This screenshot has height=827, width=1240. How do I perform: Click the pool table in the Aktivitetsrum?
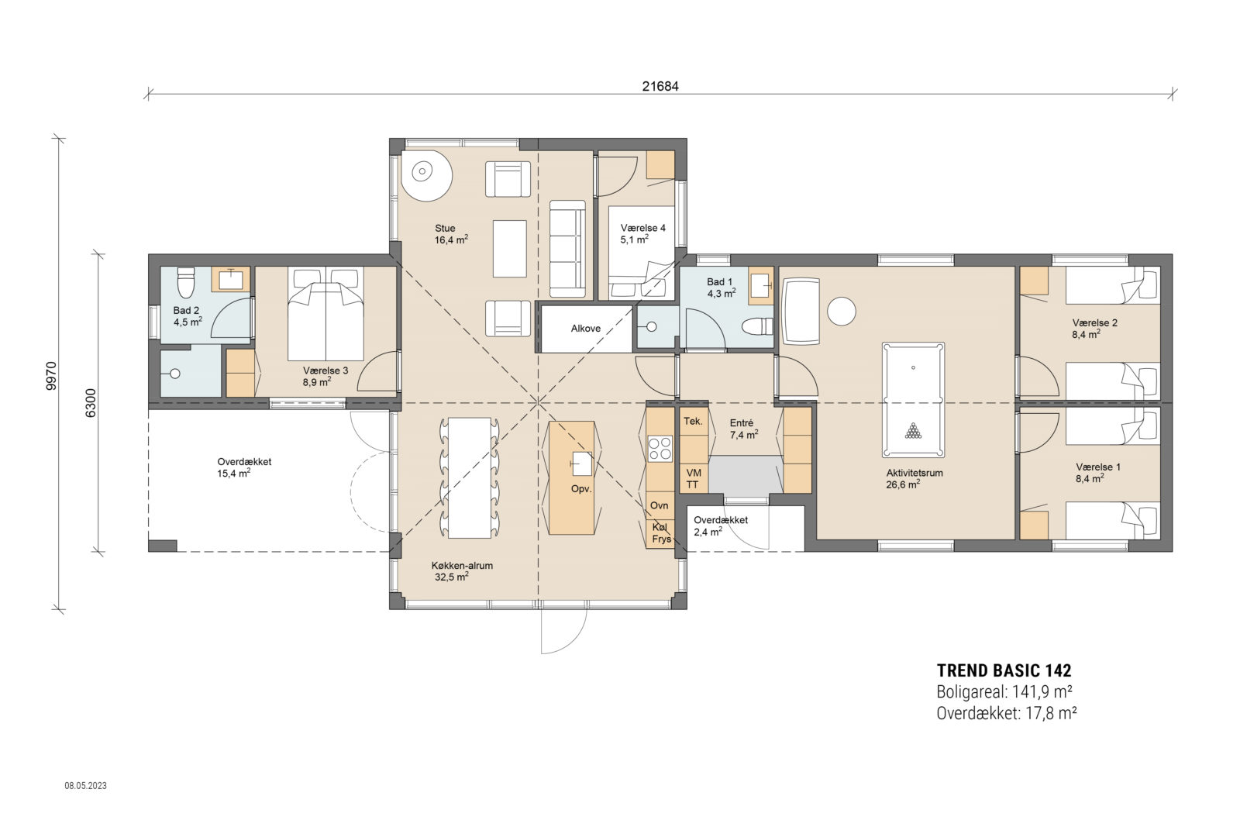tap(913, 400)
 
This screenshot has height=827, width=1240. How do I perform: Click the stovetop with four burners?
tap(660, 448)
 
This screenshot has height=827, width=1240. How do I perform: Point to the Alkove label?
tap(586, 329)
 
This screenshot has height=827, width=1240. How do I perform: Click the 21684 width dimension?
tap(660, 86)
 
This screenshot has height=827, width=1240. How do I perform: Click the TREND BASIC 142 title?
tap(1004, 671)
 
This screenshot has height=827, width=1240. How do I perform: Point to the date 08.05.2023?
tap(86, 785)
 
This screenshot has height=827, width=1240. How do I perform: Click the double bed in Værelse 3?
tap(325, 314)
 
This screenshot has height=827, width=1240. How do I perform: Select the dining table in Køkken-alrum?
tap(470, 477)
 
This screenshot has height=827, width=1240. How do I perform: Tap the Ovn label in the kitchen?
tap(659, 505)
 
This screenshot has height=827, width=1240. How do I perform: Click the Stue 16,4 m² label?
tap(451, 233)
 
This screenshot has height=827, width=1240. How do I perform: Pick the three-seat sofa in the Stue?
tap(567, 249)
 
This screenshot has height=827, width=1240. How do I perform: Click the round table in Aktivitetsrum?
tap(842, 311)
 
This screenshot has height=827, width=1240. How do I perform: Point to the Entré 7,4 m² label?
tap(743, 429)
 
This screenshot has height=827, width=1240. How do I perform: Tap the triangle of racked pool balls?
tap(914, 431)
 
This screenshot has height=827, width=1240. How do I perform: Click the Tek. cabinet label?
tap(693, 421)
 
